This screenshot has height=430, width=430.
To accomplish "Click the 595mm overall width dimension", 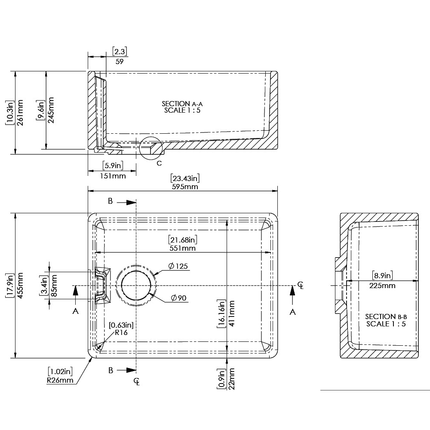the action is [x=185, y=187].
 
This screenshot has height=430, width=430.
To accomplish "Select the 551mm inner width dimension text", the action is [x=183, y=248].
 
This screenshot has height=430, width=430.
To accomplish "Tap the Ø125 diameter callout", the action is [x=178, y=266].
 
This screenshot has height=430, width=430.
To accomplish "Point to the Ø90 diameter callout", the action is [x=178, y=298].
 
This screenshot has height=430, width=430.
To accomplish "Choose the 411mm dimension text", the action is [x=231, y=313].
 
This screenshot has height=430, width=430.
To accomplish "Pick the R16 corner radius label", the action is [x=121, y=332].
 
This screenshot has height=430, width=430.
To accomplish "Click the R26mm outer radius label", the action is [x=60, y=380].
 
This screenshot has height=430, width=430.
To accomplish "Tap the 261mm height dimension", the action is [x=20, y=113].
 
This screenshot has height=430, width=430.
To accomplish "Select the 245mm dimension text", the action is [x=51, y=110].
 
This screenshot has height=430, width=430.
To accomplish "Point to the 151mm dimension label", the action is [x=113, y=176].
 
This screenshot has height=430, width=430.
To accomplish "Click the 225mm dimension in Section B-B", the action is [x=382, y=286].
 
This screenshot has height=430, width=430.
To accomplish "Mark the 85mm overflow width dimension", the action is [x=54, y=286].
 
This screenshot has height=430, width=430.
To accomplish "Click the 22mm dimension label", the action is [x=231, y=379].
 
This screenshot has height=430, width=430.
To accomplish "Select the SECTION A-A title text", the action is [x=182, y=104].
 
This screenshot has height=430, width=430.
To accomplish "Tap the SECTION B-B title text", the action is [x=386, y=316].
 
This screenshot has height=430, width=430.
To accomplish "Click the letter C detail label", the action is [x=159, y=163].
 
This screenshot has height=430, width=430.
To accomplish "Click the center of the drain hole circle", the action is [x=136, y=286].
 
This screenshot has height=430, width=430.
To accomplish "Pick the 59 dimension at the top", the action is [x=120, y=61].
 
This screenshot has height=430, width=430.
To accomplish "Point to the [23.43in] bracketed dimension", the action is [x=185, y=178].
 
